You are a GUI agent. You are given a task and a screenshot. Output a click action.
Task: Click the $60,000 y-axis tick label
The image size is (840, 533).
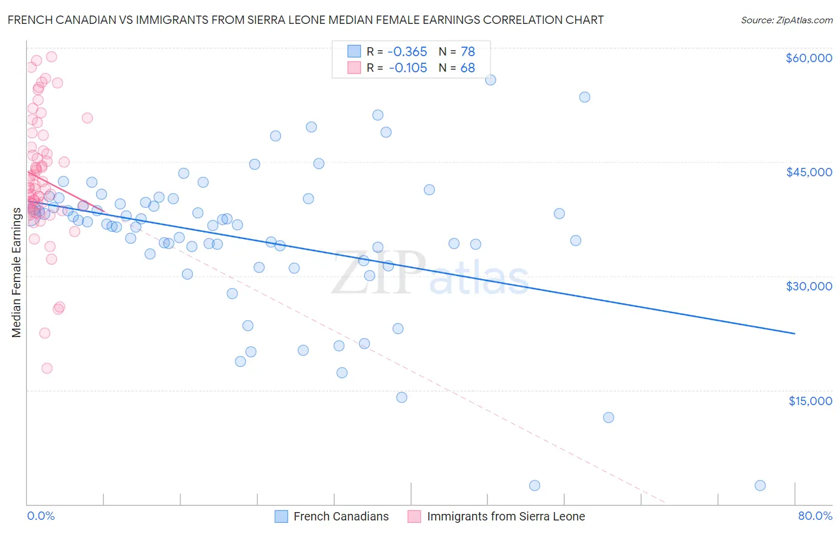pyautogui.click(x=808, y=58)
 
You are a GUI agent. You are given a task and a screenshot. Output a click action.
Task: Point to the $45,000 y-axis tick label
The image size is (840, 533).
pyautogui.click(x=808, y=172)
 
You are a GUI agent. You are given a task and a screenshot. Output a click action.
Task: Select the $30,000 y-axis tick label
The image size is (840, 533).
pyautogui.click(x=808, y=286)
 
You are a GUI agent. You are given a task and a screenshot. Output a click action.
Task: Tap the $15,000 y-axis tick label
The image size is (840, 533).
pyautogui.click(x=810, y=401)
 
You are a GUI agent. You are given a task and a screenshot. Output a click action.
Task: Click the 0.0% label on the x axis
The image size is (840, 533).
pyautogui.click(x=41, y=516)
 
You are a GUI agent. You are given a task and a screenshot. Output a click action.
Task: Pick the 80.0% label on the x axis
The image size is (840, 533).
pyautogui.click(x=815, y=516)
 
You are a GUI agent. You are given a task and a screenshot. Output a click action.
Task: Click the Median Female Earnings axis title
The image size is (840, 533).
pyautogui.click(x=17, y=272)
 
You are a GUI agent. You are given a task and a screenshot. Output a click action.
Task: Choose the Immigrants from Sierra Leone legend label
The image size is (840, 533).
pyautogui.click(x=505, y=516)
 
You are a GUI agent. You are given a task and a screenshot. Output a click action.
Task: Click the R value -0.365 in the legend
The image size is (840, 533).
pyautogui.click(x=407, y=52)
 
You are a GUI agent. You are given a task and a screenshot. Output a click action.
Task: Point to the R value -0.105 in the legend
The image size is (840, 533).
pyautogui.click(x=407, y=68)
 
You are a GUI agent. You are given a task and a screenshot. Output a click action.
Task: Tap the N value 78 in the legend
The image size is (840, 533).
pyautogui.click(x=467, y=52)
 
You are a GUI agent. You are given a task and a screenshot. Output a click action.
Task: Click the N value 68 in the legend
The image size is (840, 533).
pyautogui.click(x=467, y=68)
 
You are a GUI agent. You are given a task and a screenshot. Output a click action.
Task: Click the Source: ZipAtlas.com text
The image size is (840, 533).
pyautogui.click(x=786, y=20)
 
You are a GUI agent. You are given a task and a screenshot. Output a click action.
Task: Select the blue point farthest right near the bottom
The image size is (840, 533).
pyautogui.click(x=760, y=485)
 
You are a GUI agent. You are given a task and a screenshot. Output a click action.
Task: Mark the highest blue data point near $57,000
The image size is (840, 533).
pyautogui.click(x=490, y=80)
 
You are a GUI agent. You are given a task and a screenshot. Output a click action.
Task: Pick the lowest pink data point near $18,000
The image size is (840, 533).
pyautogui.click(x=47, y=368)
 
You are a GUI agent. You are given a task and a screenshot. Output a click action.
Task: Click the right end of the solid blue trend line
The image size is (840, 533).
pyautogui.click(x=795, y=333)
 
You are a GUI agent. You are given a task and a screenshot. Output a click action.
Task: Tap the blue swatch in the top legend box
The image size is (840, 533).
pyautogui.click(x=354, y=52)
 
